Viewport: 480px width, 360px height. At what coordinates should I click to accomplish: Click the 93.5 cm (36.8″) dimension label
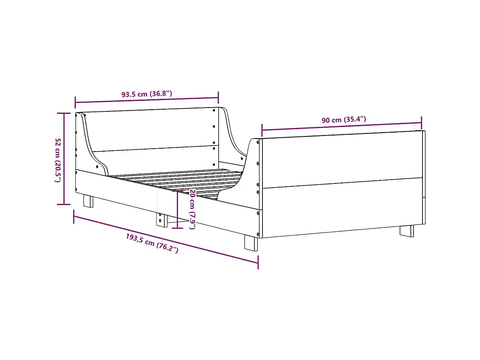(x=146, y=94)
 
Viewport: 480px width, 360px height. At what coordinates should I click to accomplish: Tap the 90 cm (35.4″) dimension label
(x=344, y=120)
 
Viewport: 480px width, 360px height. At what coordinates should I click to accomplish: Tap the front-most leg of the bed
(x=251, y=243)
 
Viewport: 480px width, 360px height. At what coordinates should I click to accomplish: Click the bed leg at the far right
(x=406, y=231)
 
